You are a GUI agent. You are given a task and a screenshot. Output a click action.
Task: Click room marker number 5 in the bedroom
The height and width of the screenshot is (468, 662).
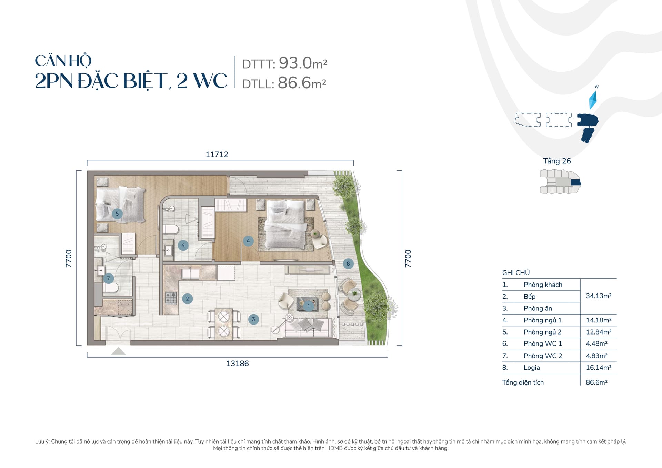[117, 214]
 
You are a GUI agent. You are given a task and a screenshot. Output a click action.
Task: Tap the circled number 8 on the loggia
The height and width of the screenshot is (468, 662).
[348, 264]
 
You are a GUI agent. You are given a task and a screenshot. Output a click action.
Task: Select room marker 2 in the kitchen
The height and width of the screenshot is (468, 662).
[187, 299]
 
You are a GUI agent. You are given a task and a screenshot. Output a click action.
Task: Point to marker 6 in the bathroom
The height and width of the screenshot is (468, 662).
[183, 246]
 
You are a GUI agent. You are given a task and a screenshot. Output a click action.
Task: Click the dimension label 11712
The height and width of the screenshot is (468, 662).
[217, 155]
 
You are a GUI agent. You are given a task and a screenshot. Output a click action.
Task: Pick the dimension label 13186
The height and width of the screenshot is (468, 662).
[238, 364]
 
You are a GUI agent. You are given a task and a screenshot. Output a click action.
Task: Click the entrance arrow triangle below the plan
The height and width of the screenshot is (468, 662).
[118, 351]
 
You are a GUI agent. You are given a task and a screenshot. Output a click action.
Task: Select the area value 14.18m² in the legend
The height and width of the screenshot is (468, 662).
[599, 320]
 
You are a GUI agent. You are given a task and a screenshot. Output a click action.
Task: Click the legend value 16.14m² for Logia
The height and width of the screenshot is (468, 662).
[599, 367]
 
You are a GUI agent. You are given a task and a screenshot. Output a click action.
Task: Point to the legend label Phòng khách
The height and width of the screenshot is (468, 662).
[543, 285]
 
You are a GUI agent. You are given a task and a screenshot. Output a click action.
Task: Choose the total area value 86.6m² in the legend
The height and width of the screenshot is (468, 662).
[596, 382]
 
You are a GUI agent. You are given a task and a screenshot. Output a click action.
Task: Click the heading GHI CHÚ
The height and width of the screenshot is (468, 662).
[516, 273]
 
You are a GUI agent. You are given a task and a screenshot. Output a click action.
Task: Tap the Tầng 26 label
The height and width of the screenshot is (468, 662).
[557, 161]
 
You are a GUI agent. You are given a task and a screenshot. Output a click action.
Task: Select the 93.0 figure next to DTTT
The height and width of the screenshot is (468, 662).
[295, 63]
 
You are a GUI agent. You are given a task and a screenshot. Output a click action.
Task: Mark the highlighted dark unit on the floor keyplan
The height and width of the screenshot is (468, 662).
[576, 183]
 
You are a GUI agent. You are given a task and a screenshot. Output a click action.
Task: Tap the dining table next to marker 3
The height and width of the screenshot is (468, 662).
[223, 325]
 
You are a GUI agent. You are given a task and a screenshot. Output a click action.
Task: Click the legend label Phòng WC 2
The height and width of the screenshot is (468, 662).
[543, 356]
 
